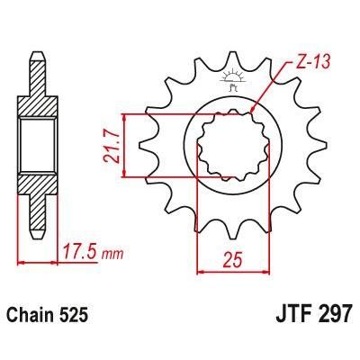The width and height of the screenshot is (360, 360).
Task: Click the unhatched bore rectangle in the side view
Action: tap(35, 144)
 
